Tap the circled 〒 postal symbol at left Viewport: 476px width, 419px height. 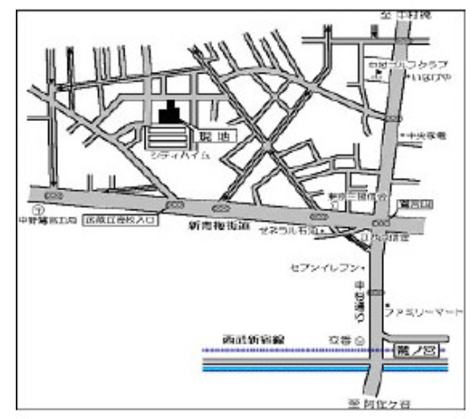pos(37,211)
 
